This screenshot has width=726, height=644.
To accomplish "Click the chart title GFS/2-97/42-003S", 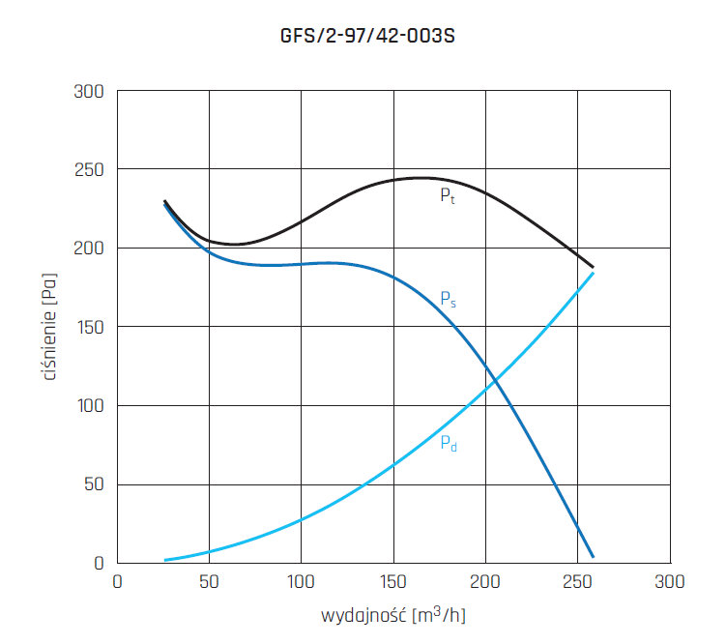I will pos(363,38).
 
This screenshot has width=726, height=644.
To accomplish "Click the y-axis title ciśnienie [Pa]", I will pos(49,328).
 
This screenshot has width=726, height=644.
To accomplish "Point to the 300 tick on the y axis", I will pos(89,92).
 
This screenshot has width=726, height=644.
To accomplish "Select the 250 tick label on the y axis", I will pos(89,170).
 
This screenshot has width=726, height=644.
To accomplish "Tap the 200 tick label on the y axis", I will pos(89,249).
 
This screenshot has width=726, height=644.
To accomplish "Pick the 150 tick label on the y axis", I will pos(89,327).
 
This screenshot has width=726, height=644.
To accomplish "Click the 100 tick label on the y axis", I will pos(89,406).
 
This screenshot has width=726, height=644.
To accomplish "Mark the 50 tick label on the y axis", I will pos(94,484).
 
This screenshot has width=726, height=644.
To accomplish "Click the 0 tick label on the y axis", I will pos(99,563).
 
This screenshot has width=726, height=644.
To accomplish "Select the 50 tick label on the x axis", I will pos(209,582).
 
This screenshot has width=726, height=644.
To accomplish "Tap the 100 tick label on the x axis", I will pos(301,582).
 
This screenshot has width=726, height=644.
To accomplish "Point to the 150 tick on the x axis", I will pos(393,582).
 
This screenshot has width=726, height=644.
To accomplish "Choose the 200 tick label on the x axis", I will pos(485,582).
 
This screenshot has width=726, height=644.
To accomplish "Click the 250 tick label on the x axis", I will pos(577,582).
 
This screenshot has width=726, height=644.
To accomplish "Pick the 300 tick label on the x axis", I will pos(669,582).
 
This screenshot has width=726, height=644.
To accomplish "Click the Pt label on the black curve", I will pos(447,195).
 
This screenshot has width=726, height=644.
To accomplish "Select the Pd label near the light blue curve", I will pos(448,444).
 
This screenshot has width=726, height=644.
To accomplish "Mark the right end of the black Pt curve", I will pos(593,267).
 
